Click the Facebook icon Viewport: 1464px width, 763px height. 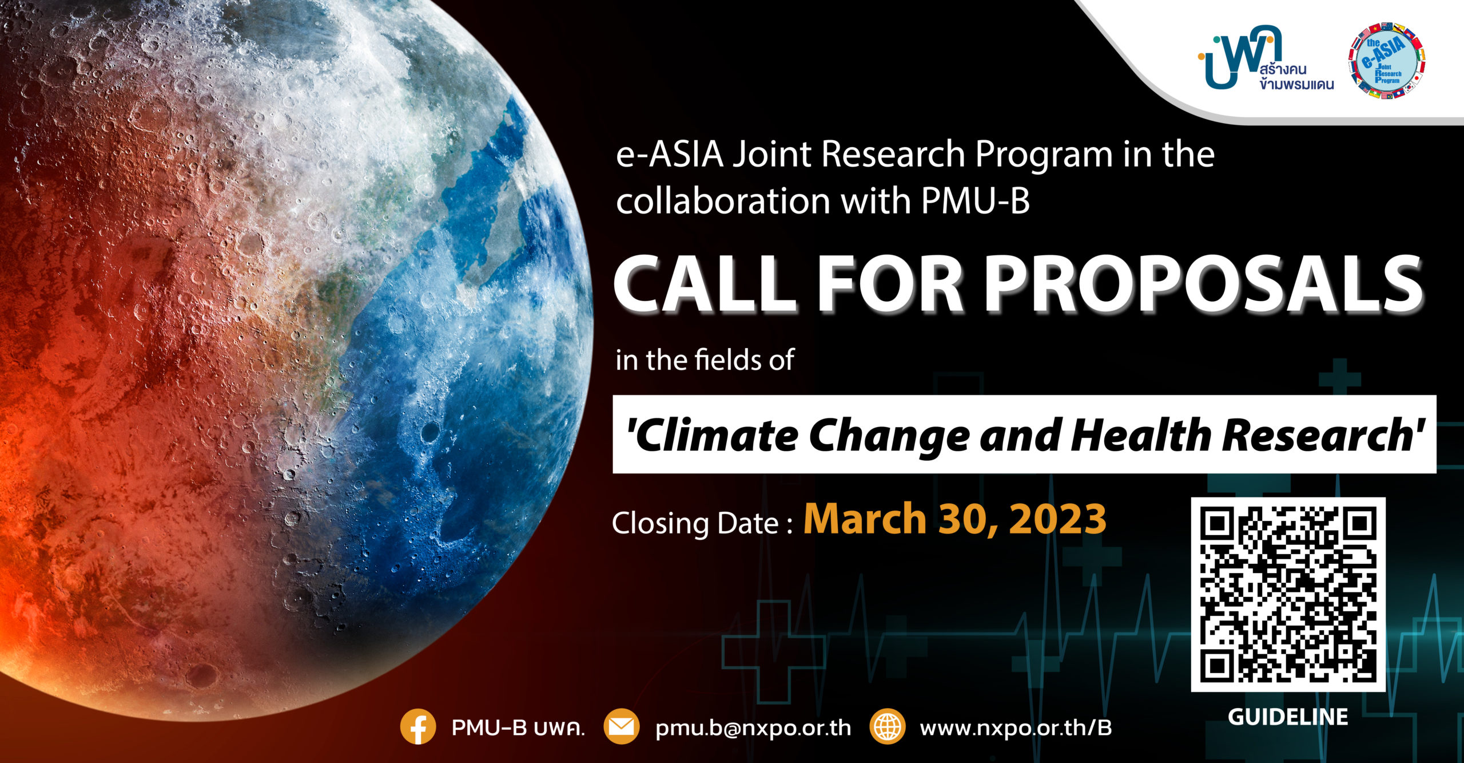tap(418, 726)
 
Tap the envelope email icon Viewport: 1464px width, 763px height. tap(622, 726)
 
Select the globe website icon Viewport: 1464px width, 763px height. tap(887, 726)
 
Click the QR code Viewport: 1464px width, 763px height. tap(1288, 594)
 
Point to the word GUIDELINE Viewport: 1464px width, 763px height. tap(1288, 717)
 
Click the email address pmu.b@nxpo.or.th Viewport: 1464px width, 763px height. tap(753, 728)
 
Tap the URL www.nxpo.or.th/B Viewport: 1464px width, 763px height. tap(1016, 728)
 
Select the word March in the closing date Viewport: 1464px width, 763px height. tap(865, 519)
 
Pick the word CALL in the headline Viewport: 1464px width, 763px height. tap(705, 283)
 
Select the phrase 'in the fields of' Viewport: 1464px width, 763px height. tap(705, 360)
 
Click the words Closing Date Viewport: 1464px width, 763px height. tap(695, 523)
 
